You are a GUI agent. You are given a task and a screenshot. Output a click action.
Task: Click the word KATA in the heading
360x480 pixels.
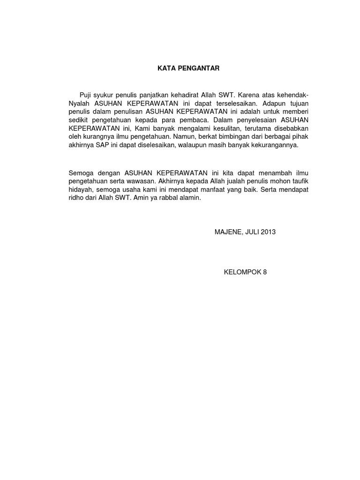[x=165, y=68]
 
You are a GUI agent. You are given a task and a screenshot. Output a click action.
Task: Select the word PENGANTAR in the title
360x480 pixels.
[x=198, y=68]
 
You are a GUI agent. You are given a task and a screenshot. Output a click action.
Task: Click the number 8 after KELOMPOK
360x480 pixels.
[x=264, y=272]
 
